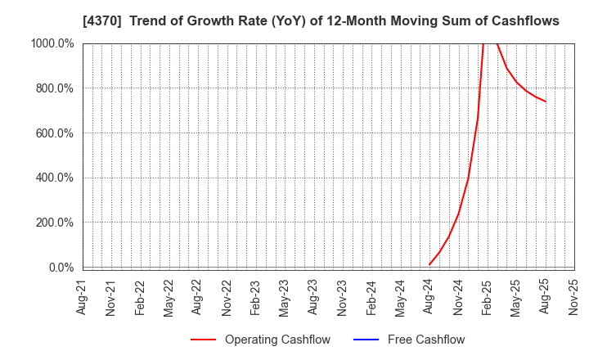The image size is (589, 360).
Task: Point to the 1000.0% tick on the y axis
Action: (x=51, y=43)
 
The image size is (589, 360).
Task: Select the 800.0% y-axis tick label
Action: (x=53, y=88)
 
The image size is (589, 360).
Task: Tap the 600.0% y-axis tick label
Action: (x=53, y=133)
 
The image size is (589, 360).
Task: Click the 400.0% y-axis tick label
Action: (x=53, y=178)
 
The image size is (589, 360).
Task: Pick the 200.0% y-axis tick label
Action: (x=53, y=223)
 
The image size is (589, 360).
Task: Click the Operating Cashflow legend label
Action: (x=277, y=340)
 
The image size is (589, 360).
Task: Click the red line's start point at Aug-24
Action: (x=429, y=264)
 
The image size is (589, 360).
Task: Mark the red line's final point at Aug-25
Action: (x=546, y=101)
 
